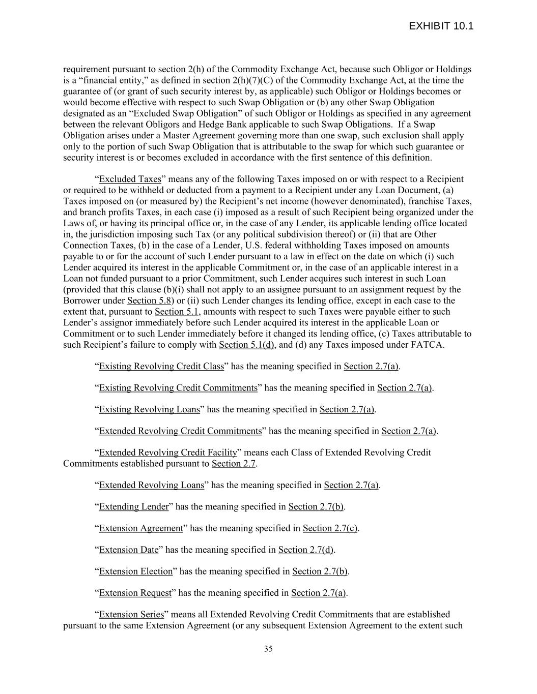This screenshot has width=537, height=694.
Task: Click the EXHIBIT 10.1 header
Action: click(x=441, y=26)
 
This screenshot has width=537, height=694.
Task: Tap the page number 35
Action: click(x=268, y=648)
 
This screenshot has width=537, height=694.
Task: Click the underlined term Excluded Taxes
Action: click(x=130, y=179)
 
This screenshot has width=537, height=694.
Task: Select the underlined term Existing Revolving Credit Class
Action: click(x=161, y=366)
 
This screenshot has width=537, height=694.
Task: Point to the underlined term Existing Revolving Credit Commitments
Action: click(x=178, y=388)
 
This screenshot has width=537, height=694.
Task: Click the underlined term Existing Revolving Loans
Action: click(x=149, y=409)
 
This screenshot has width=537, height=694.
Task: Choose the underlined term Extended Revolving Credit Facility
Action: click(x=168, y=452)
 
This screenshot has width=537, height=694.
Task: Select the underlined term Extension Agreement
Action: click(x=140, y=528)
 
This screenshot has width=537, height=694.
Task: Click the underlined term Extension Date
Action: click(x=129, y=550)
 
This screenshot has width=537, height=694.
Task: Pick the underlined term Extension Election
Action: click(x=136, y=571)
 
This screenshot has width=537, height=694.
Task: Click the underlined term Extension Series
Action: click(x=131, y=614)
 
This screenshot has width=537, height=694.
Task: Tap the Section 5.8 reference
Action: click(x=149, y=300)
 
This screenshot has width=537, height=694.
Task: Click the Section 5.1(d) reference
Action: click(x=246, y=345)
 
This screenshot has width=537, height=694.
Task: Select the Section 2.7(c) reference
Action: click(x=330, y=528)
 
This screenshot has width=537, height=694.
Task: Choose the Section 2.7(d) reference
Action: click(x=306, y=550)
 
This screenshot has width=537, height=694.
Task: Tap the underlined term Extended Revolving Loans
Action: click(x=151, y=485)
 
